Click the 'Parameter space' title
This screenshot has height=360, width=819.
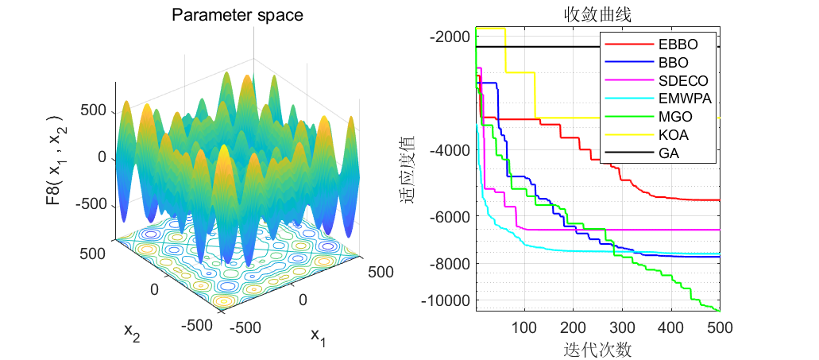[238, 15]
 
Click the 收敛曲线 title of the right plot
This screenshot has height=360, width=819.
[597, 15]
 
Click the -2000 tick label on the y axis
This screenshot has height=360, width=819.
[449, 37]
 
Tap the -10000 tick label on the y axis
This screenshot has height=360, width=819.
[446, 301]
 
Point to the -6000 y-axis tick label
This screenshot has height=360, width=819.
[449, 216]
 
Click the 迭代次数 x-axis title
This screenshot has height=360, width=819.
[597, 349]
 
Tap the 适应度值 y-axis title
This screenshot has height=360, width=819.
[407, 169]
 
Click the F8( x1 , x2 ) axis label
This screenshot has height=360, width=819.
[56, 159]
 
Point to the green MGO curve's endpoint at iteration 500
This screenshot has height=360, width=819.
[720, 311]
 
